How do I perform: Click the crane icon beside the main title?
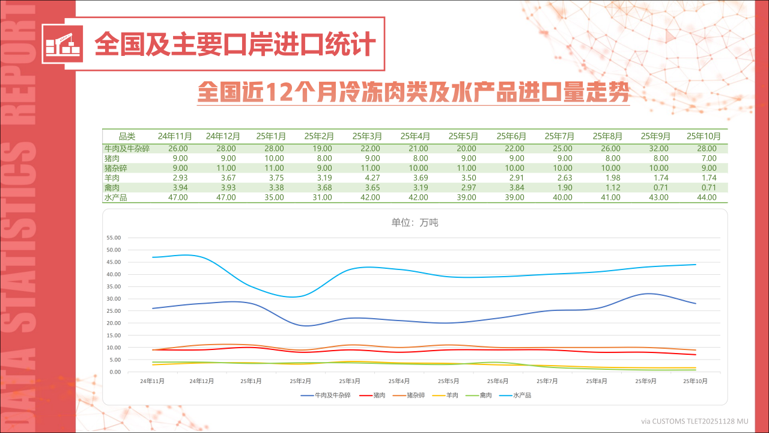pos(63,44)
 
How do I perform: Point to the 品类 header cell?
pos(127,136)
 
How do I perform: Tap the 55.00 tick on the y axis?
pos(113,238)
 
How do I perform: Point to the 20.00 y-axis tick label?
pos(113,324)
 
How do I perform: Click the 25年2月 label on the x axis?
pos(300,381)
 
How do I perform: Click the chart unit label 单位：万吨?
pos(415,223)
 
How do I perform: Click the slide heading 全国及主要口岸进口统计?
pos(235,44)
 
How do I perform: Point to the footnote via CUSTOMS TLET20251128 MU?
pos(695,421)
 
